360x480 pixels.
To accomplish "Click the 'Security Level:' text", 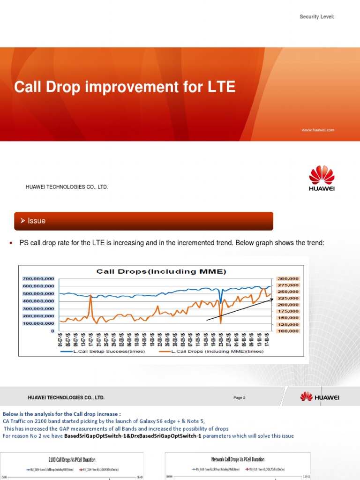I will (317, 17).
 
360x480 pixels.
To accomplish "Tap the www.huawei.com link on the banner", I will (318, 130).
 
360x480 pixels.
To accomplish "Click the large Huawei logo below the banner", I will (322, 178).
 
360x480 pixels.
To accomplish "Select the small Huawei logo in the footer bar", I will (320, 397).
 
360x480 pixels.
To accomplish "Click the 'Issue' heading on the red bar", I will (37, 221).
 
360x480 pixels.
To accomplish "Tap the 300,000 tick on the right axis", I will (288, 278).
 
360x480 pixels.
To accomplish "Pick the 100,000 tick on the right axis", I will (288, 331).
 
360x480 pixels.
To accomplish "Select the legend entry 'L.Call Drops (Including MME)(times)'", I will (211, 351).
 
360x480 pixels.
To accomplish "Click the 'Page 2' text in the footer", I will (239, 398).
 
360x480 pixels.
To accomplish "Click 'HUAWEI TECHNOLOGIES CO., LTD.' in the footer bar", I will (66, 398).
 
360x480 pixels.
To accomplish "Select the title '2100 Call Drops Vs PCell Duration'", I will (72, 460).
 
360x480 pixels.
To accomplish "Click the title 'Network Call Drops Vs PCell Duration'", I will (238, 460).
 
